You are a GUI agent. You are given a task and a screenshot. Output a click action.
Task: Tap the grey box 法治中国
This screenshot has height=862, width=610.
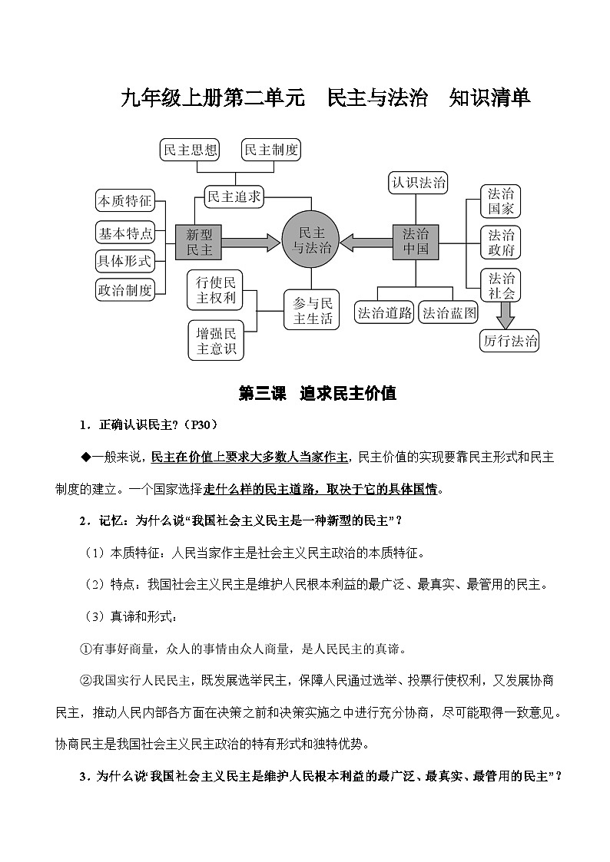(416, 242)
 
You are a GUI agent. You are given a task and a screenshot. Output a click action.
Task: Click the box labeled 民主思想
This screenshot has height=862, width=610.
(190, 150)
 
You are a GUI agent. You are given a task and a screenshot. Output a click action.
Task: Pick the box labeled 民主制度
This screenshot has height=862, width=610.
(270, 150)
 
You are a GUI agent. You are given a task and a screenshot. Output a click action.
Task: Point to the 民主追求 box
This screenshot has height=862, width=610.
(234, 197)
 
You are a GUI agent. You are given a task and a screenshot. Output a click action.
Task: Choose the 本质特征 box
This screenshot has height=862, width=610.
(124, 201)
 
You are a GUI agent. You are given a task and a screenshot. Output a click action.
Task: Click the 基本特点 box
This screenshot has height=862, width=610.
(124, 231)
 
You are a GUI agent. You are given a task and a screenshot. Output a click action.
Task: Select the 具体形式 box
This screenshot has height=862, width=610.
(124, 260)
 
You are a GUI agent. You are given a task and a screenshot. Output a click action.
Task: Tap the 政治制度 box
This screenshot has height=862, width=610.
(124, 289)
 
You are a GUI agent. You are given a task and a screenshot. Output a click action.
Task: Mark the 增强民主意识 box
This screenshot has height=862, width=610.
(215, 340)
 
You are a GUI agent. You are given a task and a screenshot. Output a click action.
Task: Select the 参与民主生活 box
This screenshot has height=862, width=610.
(312, 309)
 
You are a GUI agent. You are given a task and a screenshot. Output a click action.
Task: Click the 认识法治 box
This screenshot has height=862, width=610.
(419, 183)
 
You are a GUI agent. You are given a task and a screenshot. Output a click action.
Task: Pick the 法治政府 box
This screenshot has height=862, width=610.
(501, 243)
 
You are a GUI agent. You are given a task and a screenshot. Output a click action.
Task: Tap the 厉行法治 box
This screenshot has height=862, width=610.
(510, 341)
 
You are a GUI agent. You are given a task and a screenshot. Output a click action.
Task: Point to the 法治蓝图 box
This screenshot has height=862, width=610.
(450, 312)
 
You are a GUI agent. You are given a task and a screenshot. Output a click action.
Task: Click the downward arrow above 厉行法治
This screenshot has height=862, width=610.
(505, 312)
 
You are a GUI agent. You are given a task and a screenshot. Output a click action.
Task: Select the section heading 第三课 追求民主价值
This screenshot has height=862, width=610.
(317, 394)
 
